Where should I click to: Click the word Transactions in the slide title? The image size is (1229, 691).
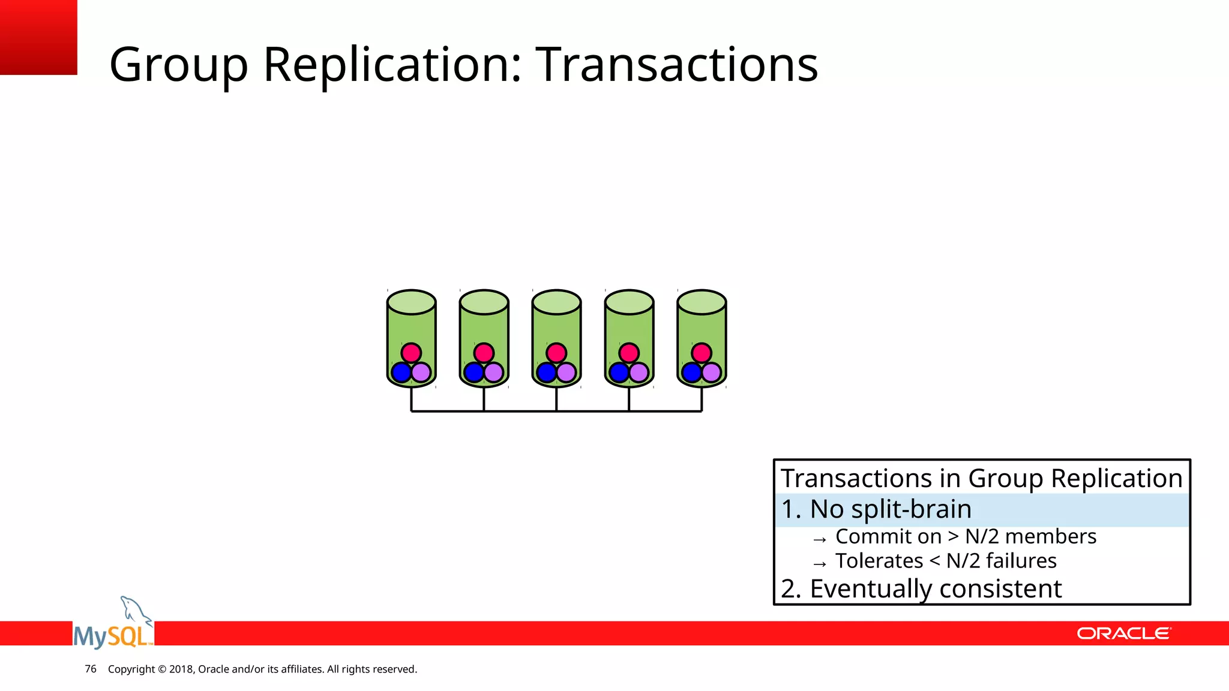pos(676,64)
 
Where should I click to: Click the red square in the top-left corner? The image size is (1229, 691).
pos(38,37)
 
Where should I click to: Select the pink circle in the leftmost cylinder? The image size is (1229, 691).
pos(411,353)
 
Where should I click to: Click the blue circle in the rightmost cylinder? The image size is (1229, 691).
pos(691,372)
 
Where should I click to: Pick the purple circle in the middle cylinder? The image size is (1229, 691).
pos(566,372)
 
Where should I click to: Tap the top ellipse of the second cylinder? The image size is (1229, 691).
pos(484,302)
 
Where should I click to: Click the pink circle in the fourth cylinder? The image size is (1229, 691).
pos(629,353)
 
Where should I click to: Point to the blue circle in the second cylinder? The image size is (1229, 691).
pos(473,372)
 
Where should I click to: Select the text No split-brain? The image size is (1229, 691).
pos(891,509)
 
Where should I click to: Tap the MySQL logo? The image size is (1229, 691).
pos(113,627)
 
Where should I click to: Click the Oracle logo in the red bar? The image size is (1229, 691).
pos(1123,633)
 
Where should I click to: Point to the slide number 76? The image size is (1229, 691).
pos(91,669)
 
